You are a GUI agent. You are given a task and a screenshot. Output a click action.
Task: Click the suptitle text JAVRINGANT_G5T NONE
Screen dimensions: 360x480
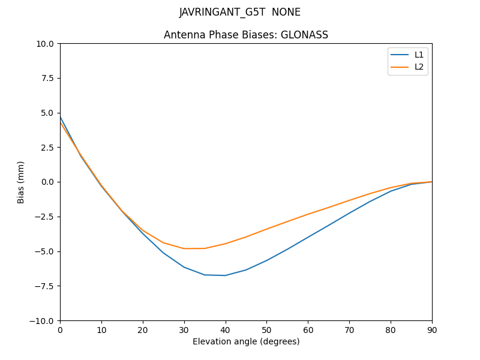click(x=240, y=12)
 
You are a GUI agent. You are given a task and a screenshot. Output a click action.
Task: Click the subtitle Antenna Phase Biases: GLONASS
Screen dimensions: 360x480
click(x=246, y=35)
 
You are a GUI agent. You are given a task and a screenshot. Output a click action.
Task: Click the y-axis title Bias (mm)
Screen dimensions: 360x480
click(x=21, y=182)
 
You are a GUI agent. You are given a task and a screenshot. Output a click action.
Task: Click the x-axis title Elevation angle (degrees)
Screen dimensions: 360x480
click(x=246, y=341)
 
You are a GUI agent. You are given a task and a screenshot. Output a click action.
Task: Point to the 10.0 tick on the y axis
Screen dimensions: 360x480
click(x=46, y=44)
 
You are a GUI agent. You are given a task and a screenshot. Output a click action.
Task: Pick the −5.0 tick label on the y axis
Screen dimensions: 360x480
click(x=46, y=251)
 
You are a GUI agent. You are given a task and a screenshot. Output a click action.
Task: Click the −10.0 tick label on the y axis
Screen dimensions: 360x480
click(x=43, y=320)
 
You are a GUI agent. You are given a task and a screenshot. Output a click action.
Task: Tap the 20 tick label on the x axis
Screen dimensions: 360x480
click(x=143, y=329)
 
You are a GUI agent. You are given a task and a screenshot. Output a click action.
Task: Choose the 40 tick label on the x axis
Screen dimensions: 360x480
click(x=226, y=329)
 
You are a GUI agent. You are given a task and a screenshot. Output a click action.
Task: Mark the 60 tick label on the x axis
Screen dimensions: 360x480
click(x=308, y=329)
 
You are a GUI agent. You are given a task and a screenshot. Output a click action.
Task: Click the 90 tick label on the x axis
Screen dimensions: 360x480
click(x=432, y=329)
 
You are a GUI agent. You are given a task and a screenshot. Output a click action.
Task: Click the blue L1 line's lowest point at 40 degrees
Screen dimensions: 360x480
click(x=226, y=275)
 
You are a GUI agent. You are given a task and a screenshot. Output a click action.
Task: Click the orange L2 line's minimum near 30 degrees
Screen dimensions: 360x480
click(x=184, y=248)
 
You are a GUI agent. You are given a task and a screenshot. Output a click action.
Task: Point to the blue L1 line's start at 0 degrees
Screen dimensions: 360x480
click(x=61, y=117)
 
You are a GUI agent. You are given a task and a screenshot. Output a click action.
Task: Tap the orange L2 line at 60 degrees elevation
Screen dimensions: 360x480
click(x=308, y=214)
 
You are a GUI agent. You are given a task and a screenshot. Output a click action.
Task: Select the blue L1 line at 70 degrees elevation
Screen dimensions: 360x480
click(x=349, y=212)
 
